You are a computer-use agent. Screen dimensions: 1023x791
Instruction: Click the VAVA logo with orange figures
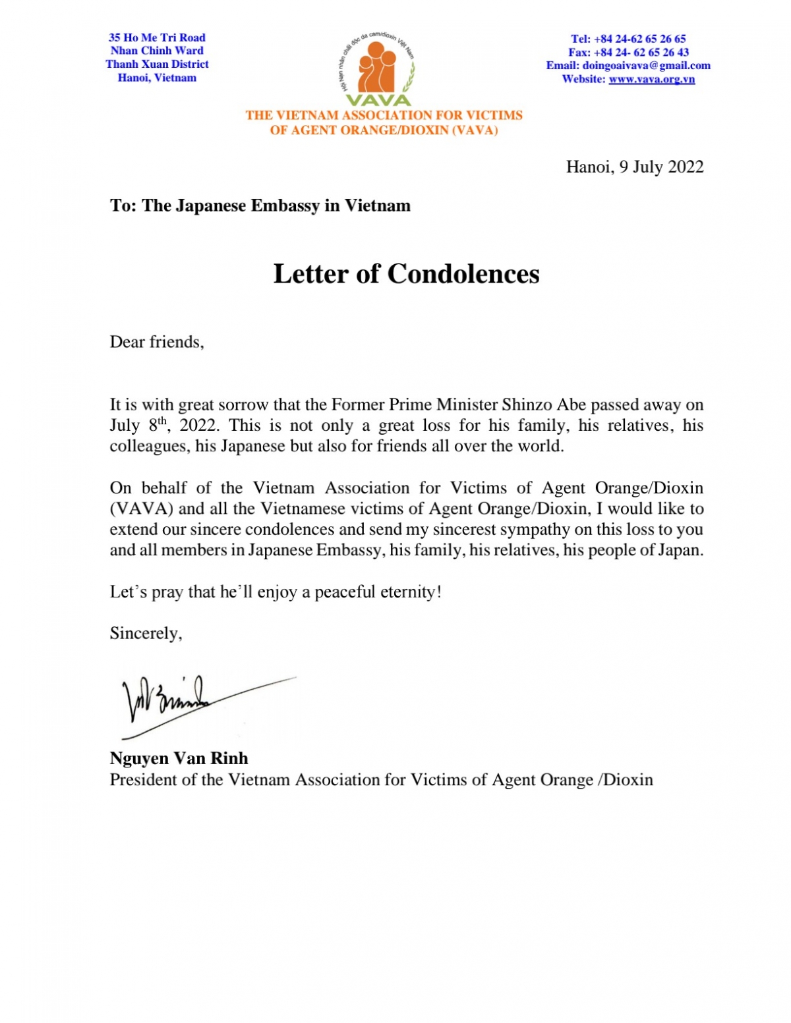tap(377, 69)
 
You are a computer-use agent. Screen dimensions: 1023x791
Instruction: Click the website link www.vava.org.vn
tap(651, 80)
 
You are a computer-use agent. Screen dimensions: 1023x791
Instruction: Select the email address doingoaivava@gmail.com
tap(646, 66)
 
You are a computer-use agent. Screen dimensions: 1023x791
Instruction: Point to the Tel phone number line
tap(628, 39)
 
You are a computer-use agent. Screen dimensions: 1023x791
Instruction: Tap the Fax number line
tap(628, 52)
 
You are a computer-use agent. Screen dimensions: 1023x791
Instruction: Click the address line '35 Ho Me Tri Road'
tap(157, 38)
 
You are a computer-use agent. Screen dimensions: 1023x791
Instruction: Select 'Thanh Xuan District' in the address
tap(157, 64)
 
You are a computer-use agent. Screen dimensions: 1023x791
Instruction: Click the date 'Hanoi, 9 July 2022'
tap(634, 167)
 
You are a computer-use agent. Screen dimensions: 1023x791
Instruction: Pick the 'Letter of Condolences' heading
tap(406, 274)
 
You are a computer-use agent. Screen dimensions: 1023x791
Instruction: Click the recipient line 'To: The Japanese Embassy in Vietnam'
tap(260, 206)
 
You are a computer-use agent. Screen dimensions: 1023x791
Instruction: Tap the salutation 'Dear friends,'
tap(157, 342)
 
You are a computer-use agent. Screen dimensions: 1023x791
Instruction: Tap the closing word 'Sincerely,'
tap(146, 633)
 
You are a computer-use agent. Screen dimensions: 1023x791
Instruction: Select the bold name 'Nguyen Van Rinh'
tap(179, 758)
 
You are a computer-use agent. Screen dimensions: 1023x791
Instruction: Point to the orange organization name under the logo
tap(384, 123)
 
